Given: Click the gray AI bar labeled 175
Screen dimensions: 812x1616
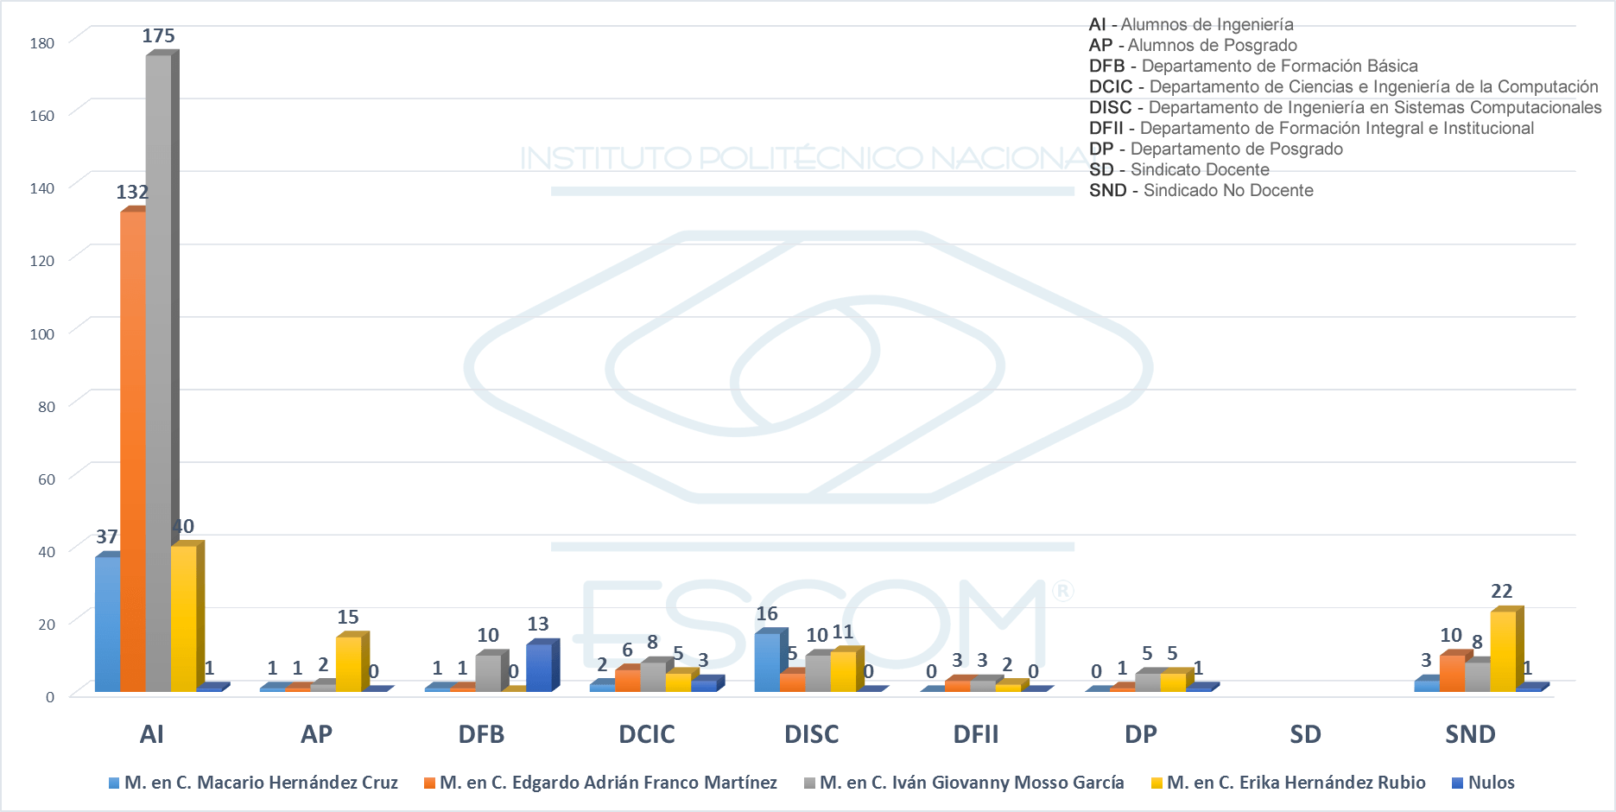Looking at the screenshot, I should coord(159,371).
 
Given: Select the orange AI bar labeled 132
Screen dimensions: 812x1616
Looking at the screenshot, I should coord(133,449).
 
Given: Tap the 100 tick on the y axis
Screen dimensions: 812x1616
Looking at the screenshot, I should coord(42,334).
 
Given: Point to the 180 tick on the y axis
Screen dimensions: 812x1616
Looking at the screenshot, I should coord(42,43).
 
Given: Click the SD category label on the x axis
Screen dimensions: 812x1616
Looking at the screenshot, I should coord(1305,734).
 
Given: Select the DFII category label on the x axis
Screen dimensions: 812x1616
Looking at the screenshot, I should coord(975,734).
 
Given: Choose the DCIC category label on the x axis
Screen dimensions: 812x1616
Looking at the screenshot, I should coord(646,734).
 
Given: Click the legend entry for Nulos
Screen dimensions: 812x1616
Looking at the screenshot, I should coord(1483,783).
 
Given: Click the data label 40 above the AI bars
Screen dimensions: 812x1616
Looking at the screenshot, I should coord(183,526).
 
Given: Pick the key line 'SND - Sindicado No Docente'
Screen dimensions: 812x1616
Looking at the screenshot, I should coord(1201,190).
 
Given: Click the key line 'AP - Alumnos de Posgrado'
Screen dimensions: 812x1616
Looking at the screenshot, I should coord(1193,45).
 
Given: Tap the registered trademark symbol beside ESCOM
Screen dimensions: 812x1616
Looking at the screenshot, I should coord(1062,591).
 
